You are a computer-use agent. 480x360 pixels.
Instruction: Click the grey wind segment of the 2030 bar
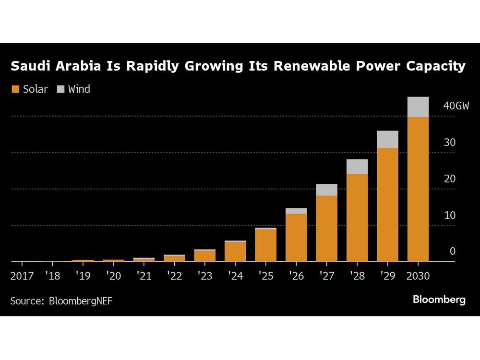(418, 107)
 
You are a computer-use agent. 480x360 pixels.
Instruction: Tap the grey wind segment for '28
(357, 167)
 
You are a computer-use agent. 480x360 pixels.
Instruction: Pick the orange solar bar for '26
(296, 238)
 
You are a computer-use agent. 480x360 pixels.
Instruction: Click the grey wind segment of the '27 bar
(326, 190)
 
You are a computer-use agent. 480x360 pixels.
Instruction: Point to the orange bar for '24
(235, 252)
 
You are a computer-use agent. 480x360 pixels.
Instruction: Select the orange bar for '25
(265, 245)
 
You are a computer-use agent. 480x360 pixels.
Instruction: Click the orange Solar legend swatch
(15, 89)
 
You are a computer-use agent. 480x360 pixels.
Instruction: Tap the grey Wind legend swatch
(60, 89)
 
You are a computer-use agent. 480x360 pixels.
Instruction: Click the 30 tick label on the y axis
(449, 143)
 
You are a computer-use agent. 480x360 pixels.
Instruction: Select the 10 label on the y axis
(449, 216)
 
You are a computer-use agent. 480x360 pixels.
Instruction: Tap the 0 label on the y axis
(452, 252)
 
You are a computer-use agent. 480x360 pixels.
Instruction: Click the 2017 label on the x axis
(23, 276)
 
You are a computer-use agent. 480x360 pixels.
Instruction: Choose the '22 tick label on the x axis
(174, 276)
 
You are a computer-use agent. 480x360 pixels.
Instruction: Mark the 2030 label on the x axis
(418, 276)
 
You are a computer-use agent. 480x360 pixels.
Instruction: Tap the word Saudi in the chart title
(32, 66)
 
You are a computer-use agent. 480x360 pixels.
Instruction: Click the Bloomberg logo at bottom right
(439, 300)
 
